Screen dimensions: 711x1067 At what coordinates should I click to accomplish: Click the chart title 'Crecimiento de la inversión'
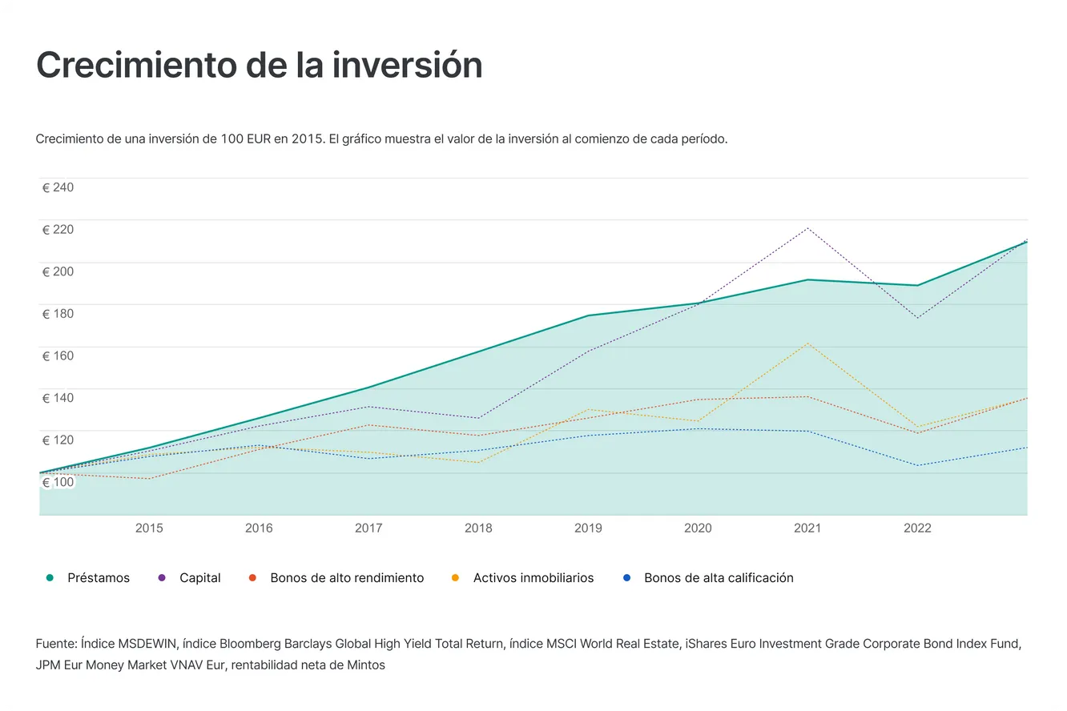[x=259, y=66]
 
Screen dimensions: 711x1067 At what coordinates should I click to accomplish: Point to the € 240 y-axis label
[x=58, y=187]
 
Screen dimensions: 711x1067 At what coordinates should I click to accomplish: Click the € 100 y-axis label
[x=58, y=482]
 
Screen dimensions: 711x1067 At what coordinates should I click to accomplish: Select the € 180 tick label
[x=58, y=314]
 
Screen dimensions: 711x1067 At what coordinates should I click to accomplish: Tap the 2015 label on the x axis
[x=149, y=528]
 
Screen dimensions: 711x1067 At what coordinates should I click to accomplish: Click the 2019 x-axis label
[x=589, y=528]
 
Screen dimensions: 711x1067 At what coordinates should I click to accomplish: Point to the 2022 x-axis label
[x=917, y=528]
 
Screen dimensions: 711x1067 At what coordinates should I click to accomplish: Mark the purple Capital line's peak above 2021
[x=808, y=228]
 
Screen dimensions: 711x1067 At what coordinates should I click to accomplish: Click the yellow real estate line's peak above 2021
[x=808, y=343]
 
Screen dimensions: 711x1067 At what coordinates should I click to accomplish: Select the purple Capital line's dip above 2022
[x=918, y=318]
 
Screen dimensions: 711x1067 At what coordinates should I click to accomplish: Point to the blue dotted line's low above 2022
[x=918, y=465]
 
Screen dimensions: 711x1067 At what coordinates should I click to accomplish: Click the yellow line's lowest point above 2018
[x=479, y=463]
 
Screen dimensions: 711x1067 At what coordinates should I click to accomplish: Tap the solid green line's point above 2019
[x=589, y=315]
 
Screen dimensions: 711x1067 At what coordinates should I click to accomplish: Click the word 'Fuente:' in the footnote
[x=56, y=644]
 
